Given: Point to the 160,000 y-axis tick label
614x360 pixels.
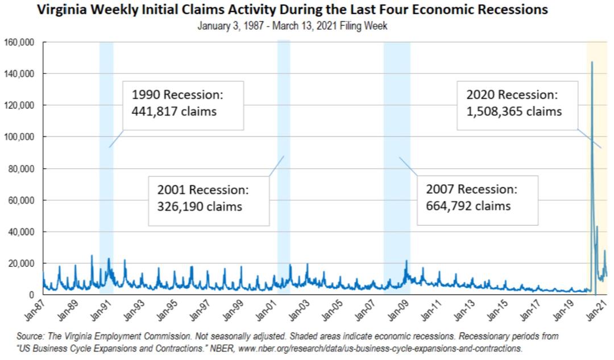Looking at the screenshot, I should (x=19, y=43).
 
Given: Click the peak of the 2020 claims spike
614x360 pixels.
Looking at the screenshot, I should (x=592, y=63).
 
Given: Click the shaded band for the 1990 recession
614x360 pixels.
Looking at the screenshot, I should (x=106, y=171).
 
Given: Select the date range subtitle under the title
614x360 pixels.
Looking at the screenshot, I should (x=292, y=26).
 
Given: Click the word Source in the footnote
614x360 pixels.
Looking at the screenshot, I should (x=31, y=337).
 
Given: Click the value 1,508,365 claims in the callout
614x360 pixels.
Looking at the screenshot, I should (x=514, y=111).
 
